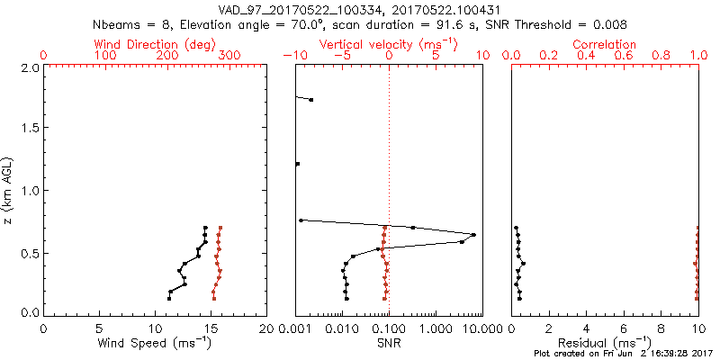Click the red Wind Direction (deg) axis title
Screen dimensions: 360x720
coord(154,44)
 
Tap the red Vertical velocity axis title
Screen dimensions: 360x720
coord(388,44)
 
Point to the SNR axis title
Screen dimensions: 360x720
coord(389,342)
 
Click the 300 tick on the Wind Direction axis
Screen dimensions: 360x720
coord(230,56)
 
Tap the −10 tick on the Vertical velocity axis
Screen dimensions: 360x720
coord(290,56)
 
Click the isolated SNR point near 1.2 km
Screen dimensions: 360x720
coord(298,164)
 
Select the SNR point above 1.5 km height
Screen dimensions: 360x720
coord(311,100)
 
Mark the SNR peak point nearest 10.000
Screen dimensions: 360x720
coord(473,235)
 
